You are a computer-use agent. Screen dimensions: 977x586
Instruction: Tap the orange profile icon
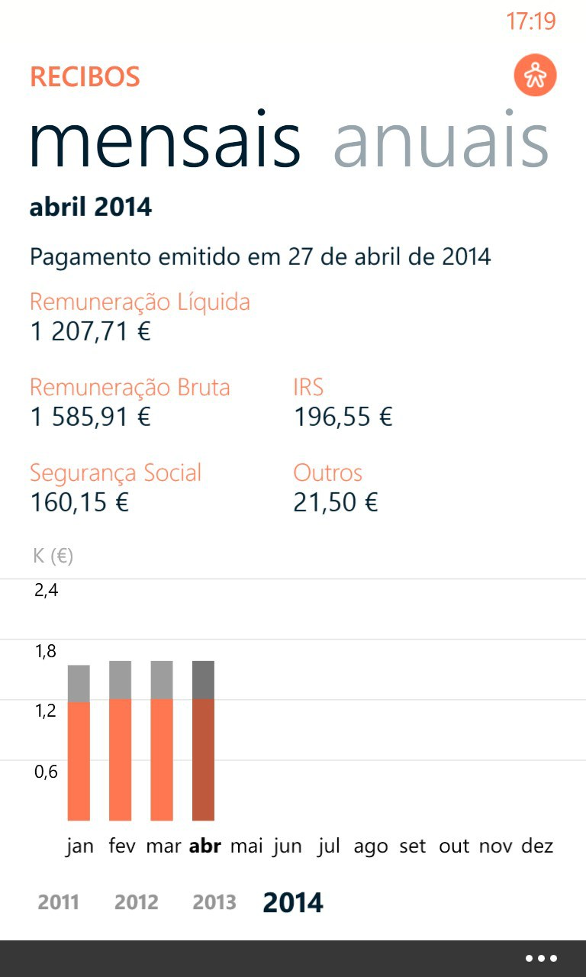click(x=535, y=76)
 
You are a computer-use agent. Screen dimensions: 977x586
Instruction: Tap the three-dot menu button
click(x=541, y=959)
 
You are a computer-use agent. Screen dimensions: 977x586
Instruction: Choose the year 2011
click(x=59, y=902)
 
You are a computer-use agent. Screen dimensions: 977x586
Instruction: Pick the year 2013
click(x=214, y=902)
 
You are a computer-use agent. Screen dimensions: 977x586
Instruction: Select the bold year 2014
click(x=293, y=902)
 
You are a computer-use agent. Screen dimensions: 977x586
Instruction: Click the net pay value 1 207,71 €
click(x=90, y=332)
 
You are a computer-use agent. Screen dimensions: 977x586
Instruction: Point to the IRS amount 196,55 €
click(x=343, y=418)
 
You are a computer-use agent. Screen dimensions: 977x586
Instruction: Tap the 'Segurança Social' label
click(x=115, y=472)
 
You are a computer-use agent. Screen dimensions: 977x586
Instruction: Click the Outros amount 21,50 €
click(x=336, y=503)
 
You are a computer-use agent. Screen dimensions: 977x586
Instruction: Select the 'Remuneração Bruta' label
click(x=130, y=387)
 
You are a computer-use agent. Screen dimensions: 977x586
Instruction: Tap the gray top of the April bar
click(x=203, y=679)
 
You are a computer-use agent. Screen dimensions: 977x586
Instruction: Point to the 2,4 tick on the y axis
click(x=46, y=590)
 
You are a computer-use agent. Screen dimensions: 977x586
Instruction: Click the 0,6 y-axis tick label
click(x=46, y=772)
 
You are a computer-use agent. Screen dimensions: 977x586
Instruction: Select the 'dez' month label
click(x=537, y=846)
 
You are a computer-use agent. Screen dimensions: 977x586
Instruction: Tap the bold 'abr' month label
click(x=204, y=846)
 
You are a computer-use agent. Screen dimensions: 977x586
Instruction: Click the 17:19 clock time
click(x=531, y=21)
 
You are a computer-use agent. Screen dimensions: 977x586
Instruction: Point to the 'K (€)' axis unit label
click(x=53, y=556)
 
